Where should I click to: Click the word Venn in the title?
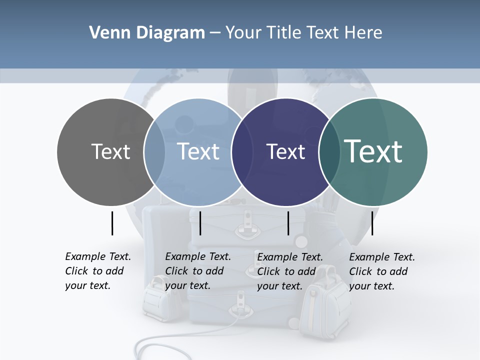[x=106, y=33]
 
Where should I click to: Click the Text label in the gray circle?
[x=110, y=151]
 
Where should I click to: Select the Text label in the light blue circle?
[x=198, y=151]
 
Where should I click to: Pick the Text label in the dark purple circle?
[x=285, y=151]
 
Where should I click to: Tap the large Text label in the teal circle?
[x=373, y=151]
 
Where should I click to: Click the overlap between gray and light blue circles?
[x=154, y=152]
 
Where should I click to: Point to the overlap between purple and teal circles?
[x=328, y=152]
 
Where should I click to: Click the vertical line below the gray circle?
[x=112, y=223]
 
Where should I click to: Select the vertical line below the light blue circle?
[x=200, y=223]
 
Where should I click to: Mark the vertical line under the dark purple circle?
[x=288, y=223]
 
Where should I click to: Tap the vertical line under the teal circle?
[x=372, y=223]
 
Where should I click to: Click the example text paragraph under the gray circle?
[x=97, y=271]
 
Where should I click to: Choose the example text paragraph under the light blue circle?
[x=197, y=271]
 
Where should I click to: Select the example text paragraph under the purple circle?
[x=289, y=271]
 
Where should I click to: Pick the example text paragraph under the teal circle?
[x=381, y=271]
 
